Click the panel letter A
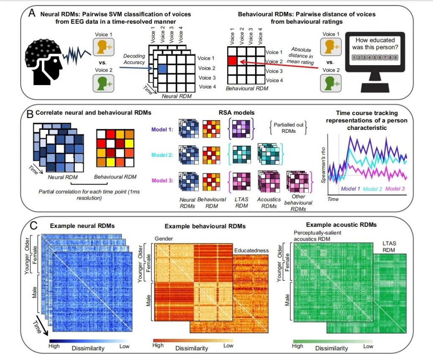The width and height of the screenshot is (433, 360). pos(32,13)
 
